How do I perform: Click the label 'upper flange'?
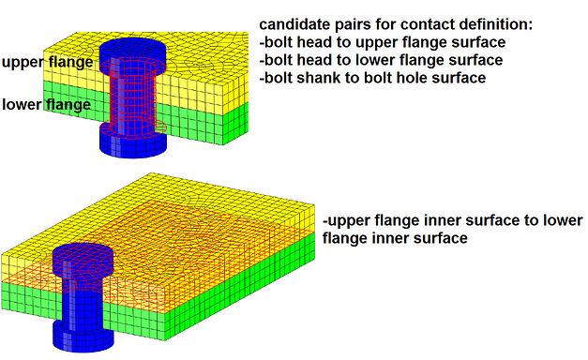pos(48,62)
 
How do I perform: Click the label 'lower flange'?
pos(46,104)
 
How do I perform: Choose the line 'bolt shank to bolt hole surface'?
pos(371,78)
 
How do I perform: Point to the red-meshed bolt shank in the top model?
pos(132,98)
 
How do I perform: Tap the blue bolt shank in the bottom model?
pos(85,300)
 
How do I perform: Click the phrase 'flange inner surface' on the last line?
pos(395,238)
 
